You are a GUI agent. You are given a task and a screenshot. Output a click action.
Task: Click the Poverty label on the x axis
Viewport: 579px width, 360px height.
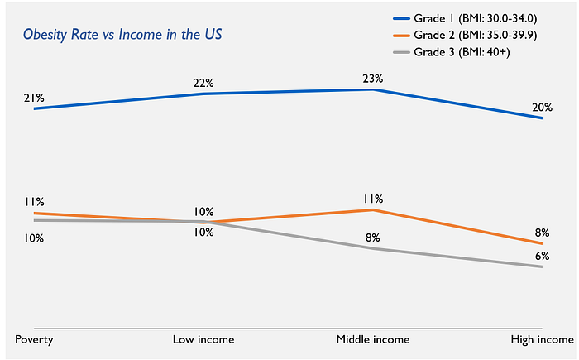(34, 339)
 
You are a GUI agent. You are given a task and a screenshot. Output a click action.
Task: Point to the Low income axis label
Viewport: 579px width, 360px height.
(203, 339)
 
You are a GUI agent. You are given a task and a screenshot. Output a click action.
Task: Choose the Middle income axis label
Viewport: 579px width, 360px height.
(372, 339)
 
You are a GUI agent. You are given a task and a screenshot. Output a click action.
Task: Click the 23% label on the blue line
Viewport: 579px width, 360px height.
(372, 79)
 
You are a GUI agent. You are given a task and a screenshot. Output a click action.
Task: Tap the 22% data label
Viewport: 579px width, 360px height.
(203, 83)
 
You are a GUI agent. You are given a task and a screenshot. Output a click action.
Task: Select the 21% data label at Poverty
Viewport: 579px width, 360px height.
(34, 98)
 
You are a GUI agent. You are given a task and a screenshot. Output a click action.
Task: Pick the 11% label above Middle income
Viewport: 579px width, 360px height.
(372, 199)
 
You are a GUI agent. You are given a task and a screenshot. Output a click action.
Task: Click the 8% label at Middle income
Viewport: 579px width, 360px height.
(372, 238)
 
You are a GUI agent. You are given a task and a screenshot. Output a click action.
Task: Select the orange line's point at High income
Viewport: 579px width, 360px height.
(542, 243)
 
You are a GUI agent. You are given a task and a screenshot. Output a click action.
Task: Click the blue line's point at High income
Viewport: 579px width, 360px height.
(542, 118)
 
